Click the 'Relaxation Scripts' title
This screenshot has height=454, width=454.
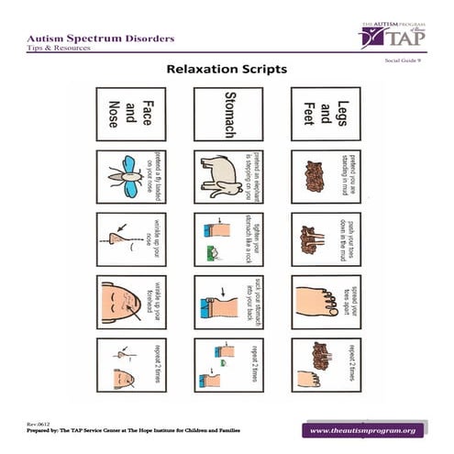click(226, 69)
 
